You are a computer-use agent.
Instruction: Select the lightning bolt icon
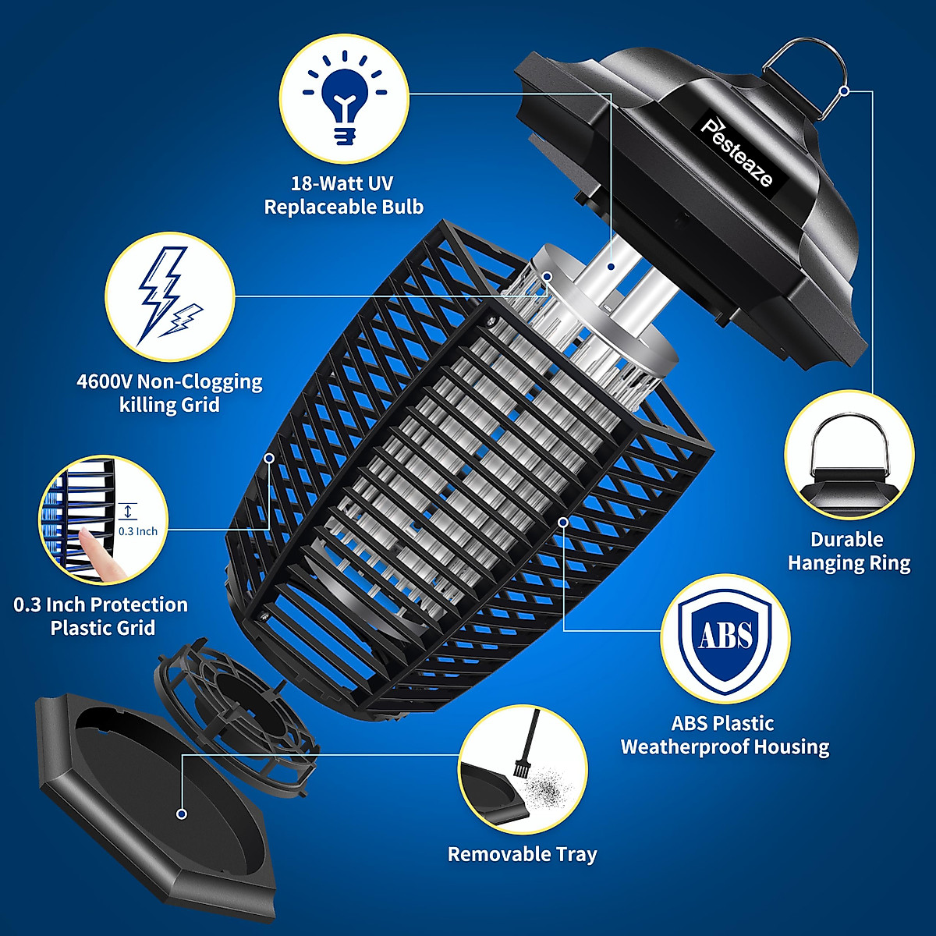click(168, 296)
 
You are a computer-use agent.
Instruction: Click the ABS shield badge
click(725, 636)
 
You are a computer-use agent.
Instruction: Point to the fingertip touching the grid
click(97, 546)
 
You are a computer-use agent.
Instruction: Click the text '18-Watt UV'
click(342, 184)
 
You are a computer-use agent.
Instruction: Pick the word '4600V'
click(105, 382)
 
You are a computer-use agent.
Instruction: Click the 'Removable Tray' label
click(522, 854)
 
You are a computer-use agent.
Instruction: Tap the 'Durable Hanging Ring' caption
click(849, 551)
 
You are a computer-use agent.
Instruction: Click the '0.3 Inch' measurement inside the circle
click(138, 531)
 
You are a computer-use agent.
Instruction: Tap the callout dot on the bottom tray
click(182, 814)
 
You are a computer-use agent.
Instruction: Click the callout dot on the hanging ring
click(845, 90)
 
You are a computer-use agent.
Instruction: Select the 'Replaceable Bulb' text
click(343, 207)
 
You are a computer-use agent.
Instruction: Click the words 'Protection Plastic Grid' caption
click(102, 616)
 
